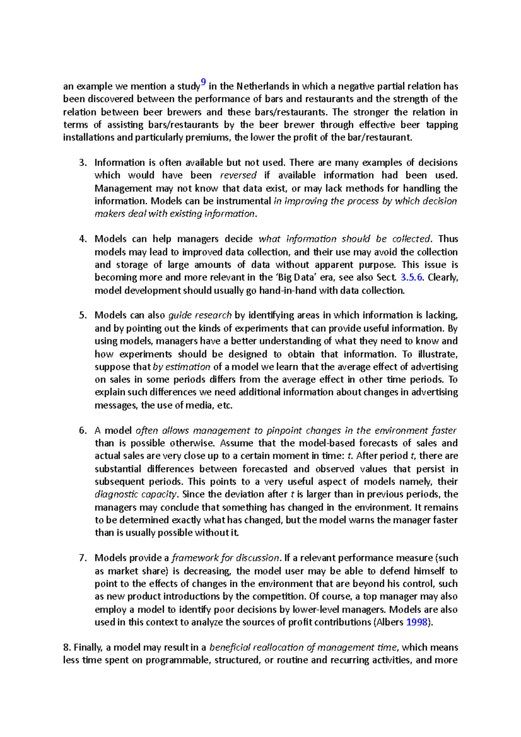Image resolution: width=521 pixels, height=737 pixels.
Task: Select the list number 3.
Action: [83, 163]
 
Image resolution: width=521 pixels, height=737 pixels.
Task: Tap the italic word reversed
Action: [238, 175]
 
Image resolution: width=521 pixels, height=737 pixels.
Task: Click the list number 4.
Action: [83, 239]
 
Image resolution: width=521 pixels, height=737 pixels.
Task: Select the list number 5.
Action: [83, 316]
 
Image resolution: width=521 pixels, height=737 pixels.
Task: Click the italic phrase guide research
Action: [200, 316]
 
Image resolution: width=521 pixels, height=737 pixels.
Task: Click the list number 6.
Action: [83, 431]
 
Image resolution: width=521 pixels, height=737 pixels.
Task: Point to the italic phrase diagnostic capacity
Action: [136, 494]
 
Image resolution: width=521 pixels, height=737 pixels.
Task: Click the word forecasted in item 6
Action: [264, 469]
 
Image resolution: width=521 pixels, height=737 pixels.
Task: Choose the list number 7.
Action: [83, 558]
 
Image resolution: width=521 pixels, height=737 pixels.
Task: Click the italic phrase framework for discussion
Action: [225, 558]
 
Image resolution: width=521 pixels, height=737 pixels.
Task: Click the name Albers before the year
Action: [390, 622]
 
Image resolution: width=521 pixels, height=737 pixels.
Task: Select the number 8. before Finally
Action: [67, 648]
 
